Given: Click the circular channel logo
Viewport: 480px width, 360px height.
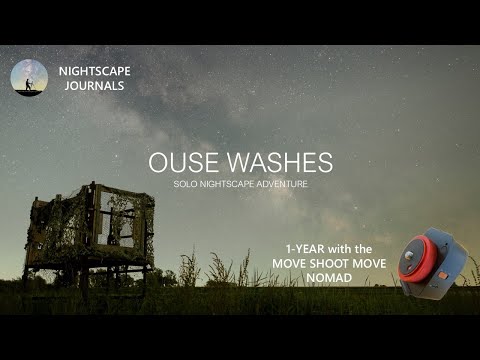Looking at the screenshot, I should [29, 77].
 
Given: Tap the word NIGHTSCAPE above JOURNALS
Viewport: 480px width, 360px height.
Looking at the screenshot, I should [94, 71].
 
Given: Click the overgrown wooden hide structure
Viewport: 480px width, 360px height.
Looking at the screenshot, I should [89, 229].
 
